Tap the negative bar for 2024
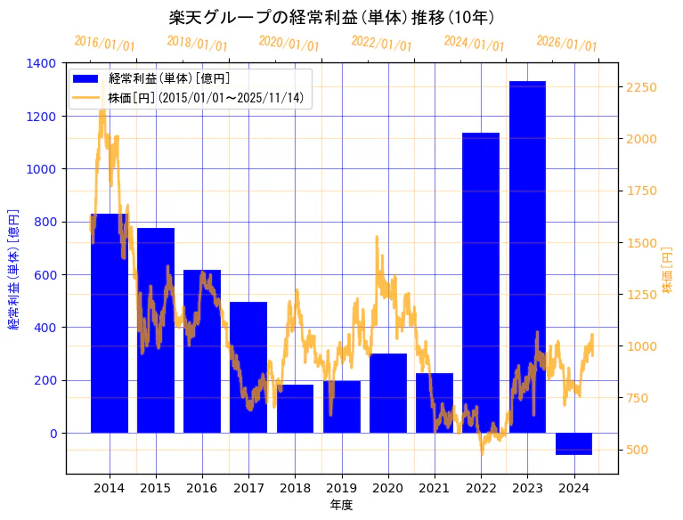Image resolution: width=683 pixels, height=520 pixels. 573,443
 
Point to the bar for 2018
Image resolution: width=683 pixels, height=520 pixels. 295,409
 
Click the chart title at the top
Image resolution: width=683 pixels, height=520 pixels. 331,17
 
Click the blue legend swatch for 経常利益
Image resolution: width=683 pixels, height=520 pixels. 87,79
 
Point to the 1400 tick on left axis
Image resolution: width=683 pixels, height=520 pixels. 42,63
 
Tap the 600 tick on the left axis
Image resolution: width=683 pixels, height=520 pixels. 45,274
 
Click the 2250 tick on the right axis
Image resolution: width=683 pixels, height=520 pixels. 642,87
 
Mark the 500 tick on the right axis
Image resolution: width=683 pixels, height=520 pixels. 638,450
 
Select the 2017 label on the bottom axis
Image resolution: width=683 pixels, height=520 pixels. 248,488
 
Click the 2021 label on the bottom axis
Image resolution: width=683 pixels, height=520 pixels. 435,488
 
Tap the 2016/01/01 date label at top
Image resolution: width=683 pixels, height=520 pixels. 105,44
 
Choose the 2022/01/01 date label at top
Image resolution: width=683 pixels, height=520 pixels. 382,44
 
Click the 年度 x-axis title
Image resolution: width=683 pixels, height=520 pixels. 342,506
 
